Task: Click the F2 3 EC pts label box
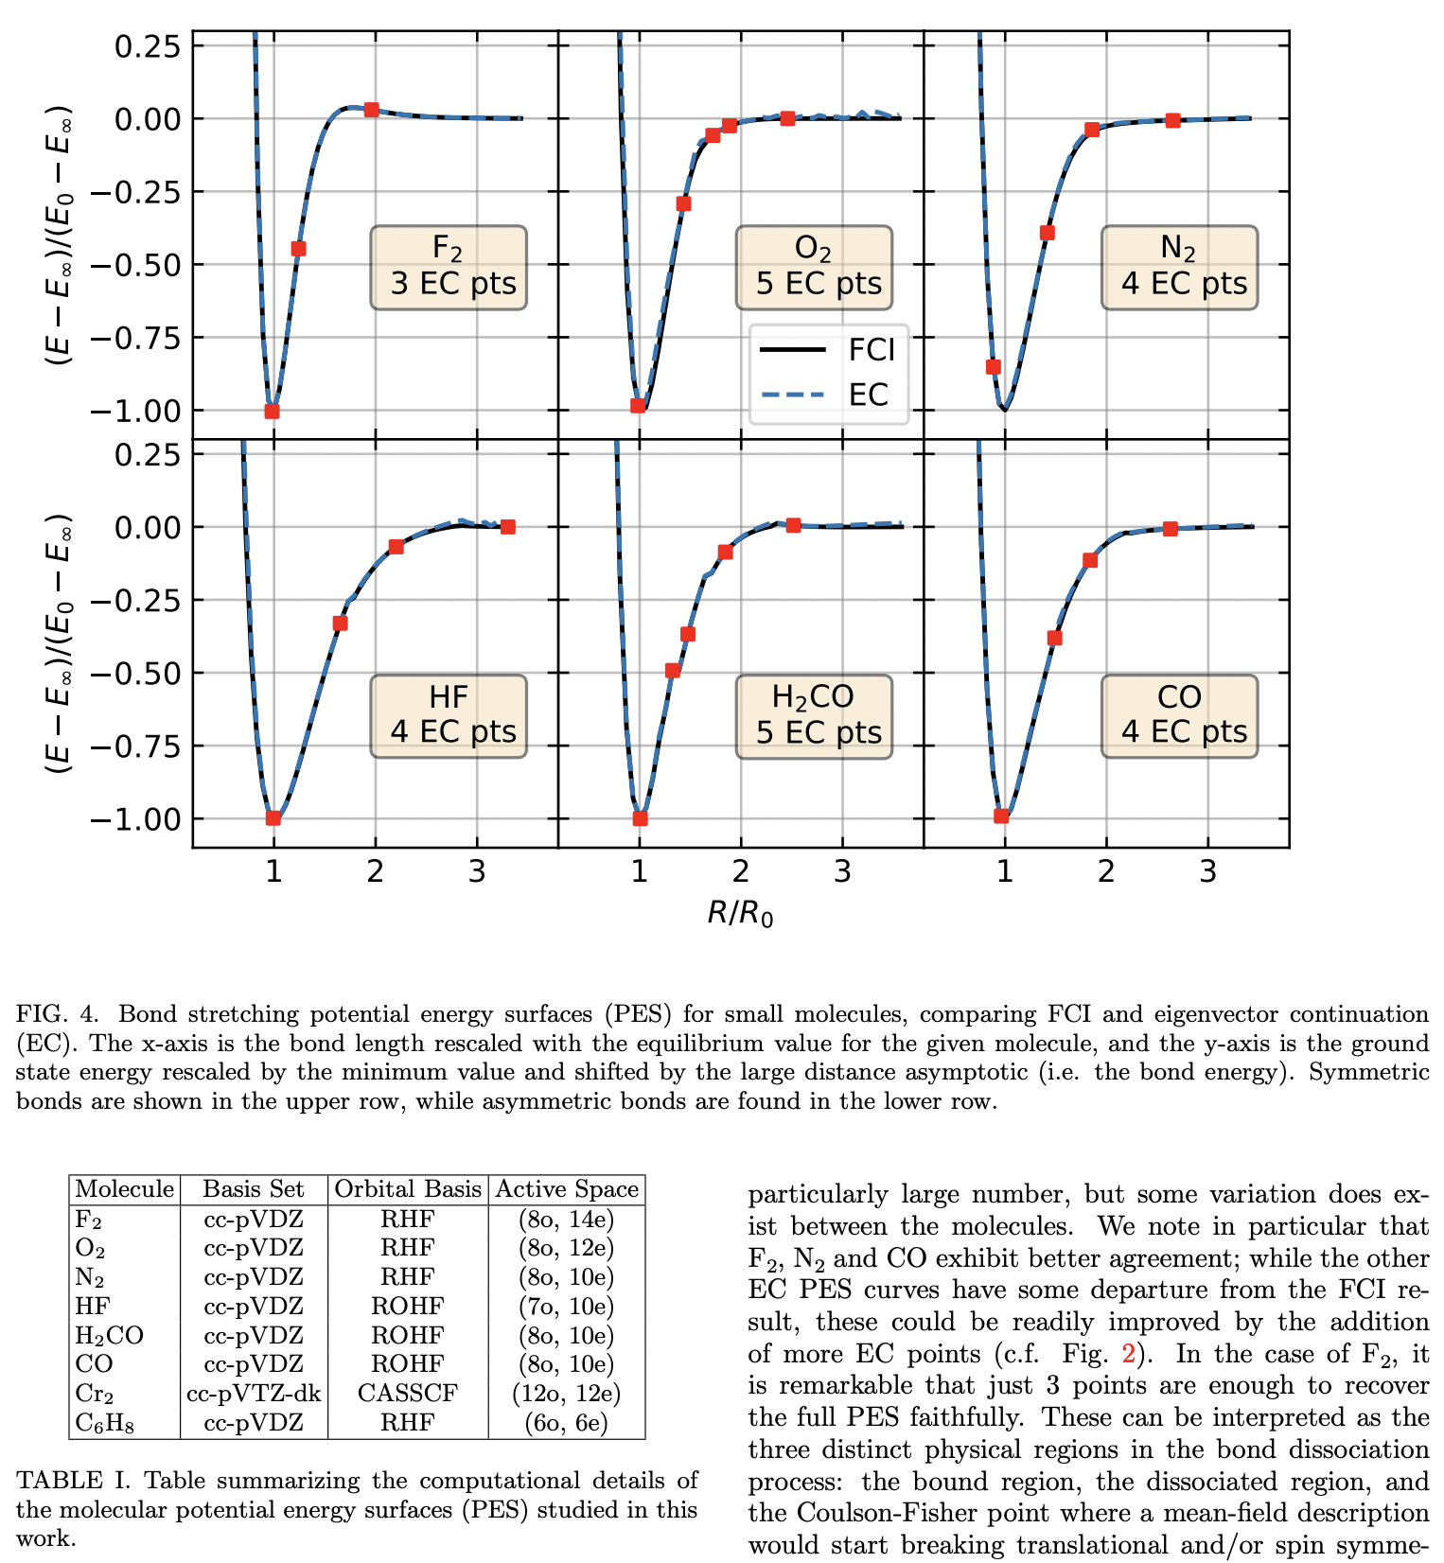(x=449, y=268)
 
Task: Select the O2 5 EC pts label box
(x=814, y=268)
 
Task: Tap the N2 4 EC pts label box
(x=1179, y=268)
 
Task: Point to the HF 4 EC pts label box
(x=449, y=716)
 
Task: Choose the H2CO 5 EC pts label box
(x=814, y=716)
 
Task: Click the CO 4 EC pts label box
(x=1179, y=716)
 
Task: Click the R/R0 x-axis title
(x=740, y=913)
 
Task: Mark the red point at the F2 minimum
(x=273, y=411)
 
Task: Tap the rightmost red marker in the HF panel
(x=508, y=527)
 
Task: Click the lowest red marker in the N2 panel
(x=993, y=367)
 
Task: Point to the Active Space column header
(x=567, y=1189)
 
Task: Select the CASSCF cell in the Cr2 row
(x=407, y=1393)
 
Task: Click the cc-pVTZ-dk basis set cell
(x=254, y=1393)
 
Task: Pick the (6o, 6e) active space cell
(x=566, y=1422)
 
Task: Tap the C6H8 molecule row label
(x=104, y=1422)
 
